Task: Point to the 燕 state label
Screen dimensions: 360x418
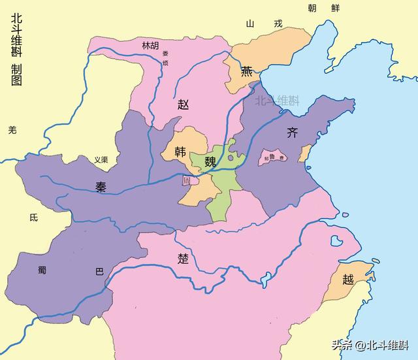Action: coord(247,71)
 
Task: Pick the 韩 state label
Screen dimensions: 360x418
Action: coord(180,152)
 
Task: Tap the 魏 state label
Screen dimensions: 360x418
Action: coord(210,161)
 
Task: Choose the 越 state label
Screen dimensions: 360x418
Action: coord(348,280)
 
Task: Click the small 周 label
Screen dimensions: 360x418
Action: coord(187,181)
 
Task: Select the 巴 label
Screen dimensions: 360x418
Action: coord(99,271)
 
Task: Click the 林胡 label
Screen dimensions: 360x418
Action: coord(150,45)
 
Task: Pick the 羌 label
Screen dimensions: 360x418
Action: coord(12,130)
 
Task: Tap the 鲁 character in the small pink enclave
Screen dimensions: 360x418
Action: coord(274,157)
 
